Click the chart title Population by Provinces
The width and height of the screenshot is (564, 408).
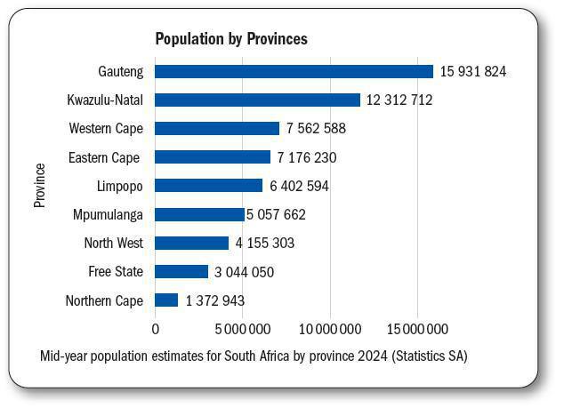coord(230,39)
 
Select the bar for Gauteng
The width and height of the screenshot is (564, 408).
coord(294,72)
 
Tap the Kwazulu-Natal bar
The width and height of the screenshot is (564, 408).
coord(257,100)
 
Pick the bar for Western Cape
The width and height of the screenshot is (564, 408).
coord(217,129)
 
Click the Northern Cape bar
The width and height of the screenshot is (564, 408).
coord(166,300)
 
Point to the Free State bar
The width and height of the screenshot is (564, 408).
coord(181,272)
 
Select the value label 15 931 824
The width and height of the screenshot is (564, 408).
coord(473,72)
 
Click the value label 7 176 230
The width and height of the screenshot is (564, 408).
coord(307,157)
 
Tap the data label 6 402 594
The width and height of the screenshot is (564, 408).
coord(299,186)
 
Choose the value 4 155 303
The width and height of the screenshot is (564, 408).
coord(264,244)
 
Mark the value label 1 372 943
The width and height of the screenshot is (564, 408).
coord(214,300)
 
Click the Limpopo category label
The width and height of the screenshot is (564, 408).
coord(119,186)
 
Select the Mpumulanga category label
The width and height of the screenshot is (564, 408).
coord(108,214)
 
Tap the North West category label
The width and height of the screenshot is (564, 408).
coord(113,244)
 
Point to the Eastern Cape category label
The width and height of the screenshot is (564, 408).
coord(104,157)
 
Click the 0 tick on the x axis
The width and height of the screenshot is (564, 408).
coord(156,329)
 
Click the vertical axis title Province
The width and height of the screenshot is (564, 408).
coord(39,185)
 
